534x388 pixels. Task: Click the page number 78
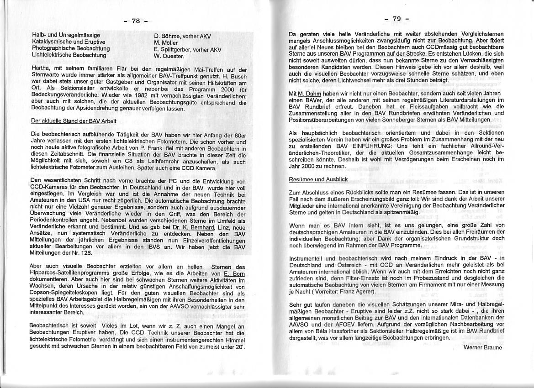click(x=136, y=21)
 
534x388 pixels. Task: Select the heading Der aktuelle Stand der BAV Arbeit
click(x=73, y=121)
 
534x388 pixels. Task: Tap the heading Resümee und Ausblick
click(x=318, y=180)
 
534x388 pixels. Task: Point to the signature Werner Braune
click(x=482, y=347)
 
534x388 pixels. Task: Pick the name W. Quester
click(x=169, y=56)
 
